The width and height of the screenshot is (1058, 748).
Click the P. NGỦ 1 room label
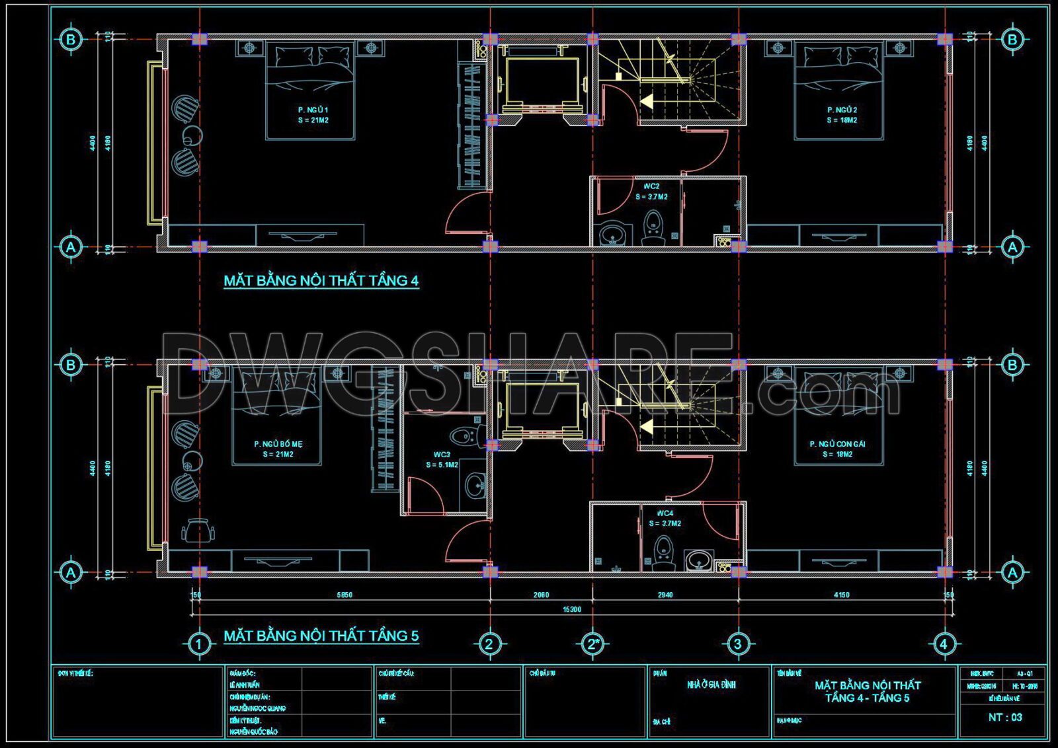pos(313,110)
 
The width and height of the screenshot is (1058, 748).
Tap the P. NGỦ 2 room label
pos(842,110)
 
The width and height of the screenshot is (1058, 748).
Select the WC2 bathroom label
pos(651,186)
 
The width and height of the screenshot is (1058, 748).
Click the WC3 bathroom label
pos(442,455)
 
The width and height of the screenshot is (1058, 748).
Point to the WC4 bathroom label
pos(665,513)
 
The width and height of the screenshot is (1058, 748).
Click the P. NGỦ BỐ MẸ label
pos(278,444)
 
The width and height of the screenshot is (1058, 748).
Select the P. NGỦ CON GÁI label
pos(837,444)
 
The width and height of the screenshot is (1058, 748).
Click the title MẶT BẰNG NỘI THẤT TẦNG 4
pos(321,281)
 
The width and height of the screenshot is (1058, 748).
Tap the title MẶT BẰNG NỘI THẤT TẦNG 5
pos(321,636)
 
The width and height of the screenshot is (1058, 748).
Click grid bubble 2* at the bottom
pos(592,644)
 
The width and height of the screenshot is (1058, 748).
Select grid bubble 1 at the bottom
pos(199,644)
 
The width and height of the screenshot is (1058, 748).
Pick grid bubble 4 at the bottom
pos(944,644)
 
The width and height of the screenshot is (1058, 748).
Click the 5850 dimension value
pos(345,595)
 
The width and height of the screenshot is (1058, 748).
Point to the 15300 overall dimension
pos(571,609)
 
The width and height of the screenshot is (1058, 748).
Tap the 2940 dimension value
pos(665,595)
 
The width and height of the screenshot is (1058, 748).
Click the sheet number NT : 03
pos(1005,717)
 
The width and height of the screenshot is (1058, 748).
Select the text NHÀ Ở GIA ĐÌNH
pos(711,685)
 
